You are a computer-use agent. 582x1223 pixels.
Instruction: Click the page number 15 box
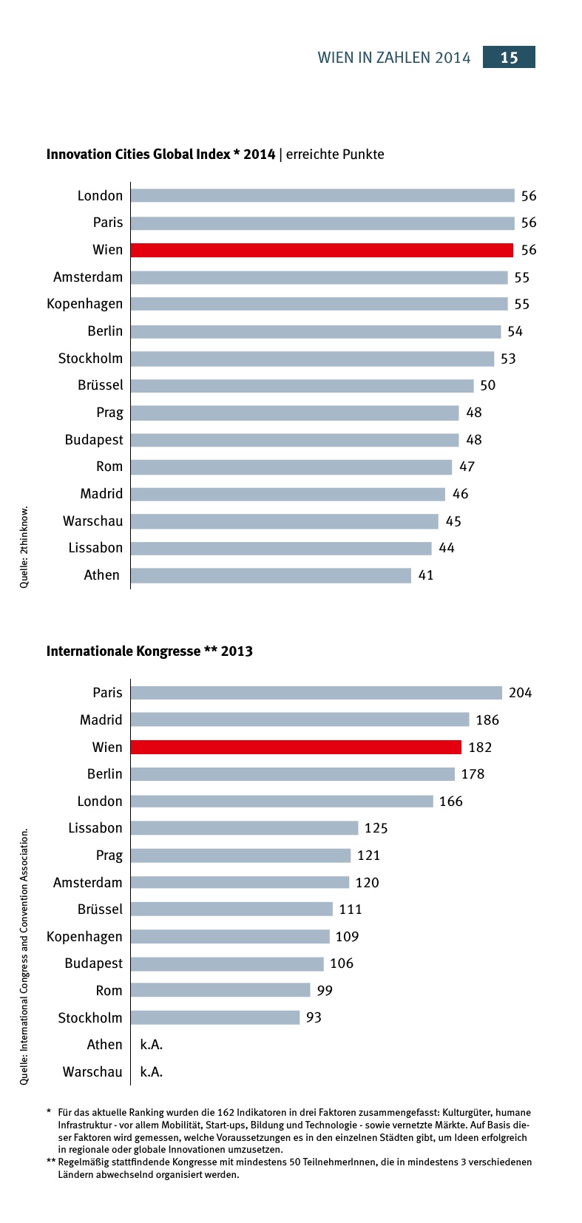pos(509,58)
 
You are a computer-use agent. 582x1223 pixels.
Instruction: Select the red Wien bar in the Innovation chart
pos(322,250)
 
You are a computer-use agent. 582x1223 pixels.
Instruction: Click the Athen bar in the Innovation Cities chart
pos(271,575)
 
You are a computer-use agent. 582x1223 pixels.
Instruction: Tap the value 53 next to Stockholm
pos(508,359)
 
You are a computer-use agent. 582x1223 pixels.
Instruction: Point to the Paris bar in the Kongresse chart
pos(316,693)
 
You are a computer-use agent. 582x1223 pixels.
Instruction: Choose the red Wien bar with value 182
pos(296,748)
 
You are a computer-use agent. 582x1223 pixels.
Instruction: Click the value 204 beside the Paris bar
pos(520,693)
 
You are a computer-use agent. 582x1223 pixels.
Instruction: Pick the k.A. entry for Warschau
pos(151,1072)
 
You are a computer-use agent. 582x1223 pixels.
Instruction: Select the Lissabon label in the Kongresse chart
pos(95,828)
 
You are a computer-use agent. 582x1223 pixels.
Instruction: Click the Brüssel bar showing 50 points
pos(302,386)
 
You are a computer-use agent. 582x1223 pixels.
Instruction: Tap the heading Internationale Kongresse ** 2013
pos(149,651)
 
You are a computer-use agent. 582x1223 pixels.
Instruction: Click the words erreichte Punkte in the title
pos(335,155)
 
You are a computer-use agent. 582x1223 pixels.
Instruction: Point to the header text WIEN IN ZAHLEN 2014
pos(394,58)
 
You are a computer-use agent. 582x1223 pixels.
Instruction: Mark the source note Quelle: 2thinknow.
pos(24,547)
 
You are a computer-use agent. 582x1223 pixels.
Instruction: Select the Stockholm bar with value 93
pos(215,1018)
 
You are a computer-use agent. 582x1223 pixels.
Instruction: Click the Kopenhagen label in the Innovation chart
pos(85,304)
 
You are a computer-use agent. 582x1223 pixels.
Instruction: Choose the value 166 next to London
pos(450,802)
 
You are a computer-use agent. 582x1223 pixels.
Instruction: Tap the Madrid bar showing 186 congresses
pos(300,720)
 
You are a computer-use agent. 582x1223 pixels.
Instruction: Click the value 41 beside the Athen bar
pos(426,575)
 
